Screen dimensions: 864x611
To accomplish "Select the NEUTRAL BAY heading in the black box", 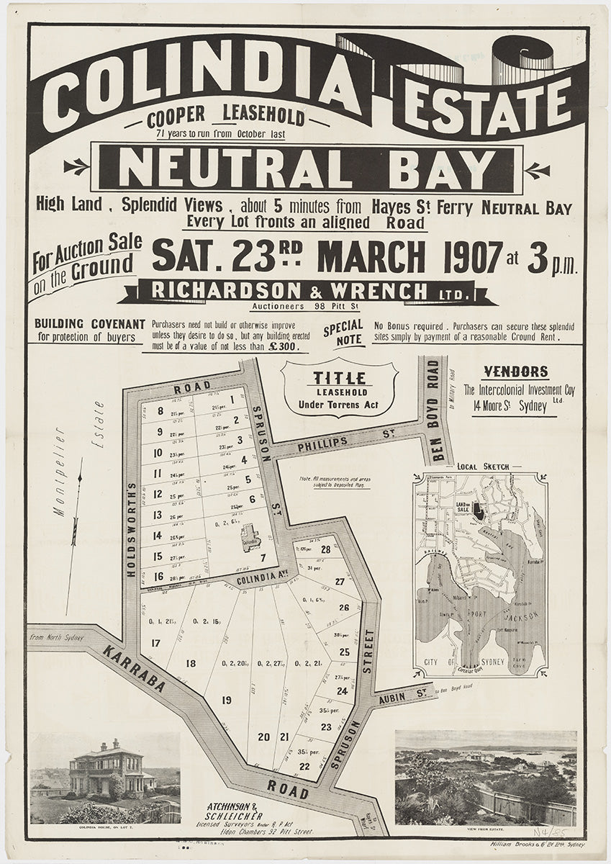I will (x=307, y=168).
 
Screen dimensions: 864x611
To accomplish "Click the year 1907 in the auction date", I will (x=473, y=256).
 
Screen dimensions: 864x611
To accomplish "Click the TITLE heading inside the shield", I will (x=339, y=378).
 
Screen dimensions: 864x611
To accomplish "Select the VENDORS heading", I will (x=515, y=372).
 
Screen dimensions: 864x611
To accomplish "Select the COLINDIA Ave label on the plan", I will (x=253, y=577).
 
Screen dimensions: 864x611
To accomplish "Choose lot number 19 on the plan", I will (x=227, y=700).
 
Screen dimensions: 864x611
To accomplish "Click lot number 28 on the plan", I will (x=325, y=550).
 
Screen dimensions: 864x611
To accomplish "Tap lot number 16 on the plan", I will (x=158, y=576).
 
